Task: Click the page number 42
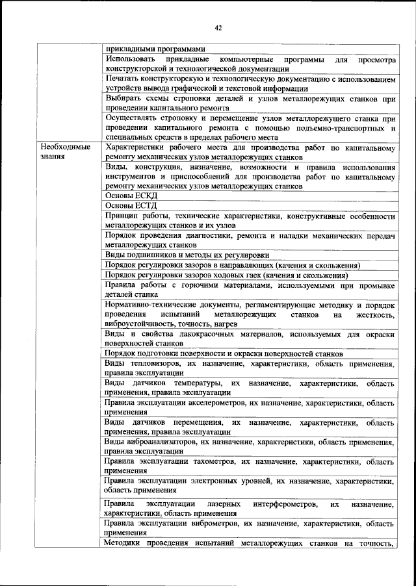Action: (x=216, y=27)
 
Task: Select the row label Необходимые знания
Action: (x=65, y=153)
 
